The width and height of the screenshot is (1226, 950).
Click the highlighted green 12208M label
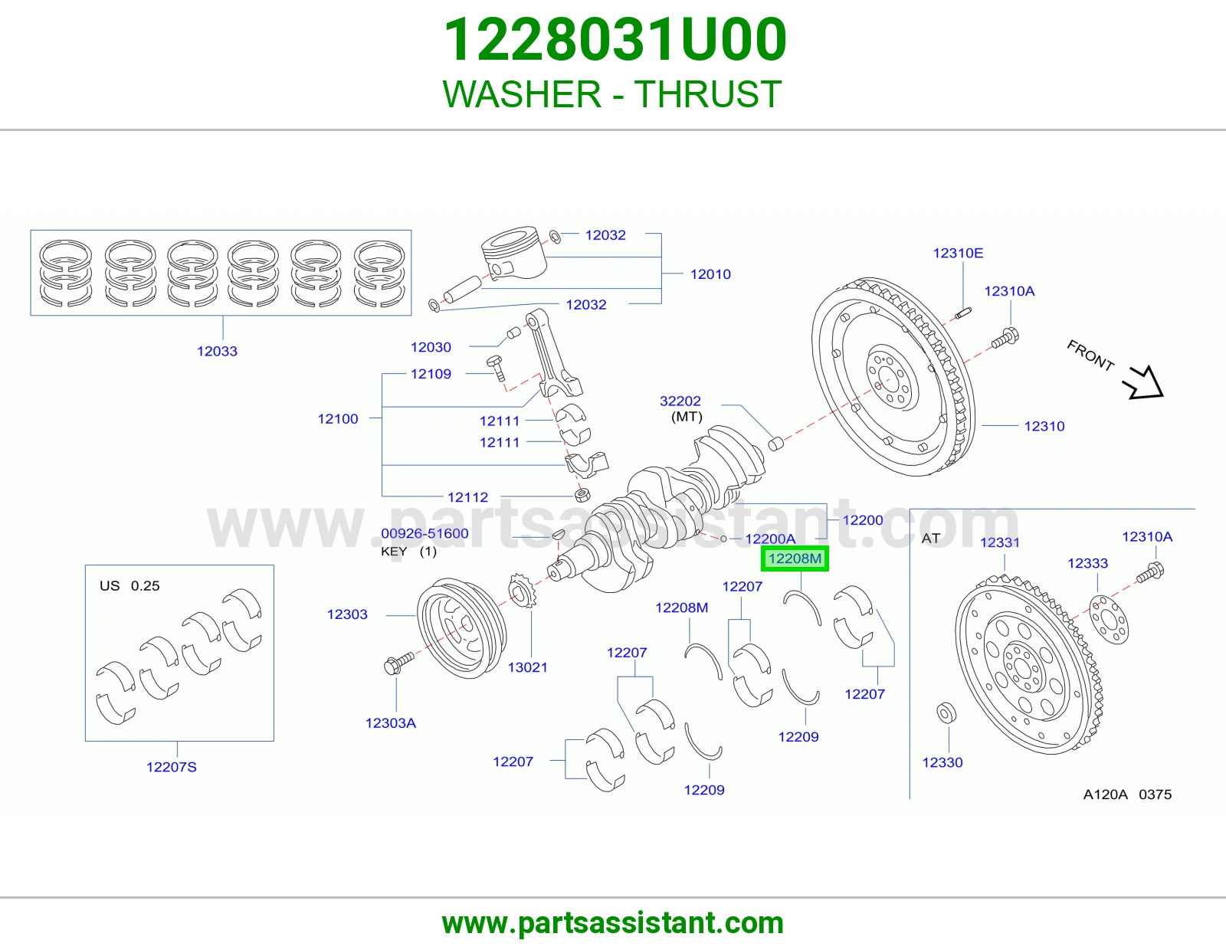click(795, 559)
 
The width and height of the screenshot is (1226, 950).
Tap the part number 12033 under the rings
click(217, 352)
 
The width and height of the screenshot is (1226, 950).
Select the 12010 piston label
click(710, 274)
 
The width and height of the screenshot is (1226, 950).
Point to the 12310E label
click(958, 253)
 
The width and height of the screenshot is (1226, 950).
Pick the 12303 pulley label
click(347, 614)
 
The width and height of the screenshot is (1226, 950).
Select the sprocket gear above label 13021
click(523, 591)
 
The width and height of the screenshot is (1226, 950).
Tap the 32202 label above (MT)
click(680, 401)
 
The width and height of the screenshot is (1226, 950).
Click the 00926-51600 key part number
click(425, 534)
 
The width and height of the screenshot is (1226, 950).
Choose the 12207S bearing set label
click(172, 767)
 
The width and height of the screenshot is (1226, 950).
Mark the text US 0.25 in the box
click(129, 586)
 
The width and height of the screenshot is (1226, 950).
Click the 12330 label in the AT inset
click(942, 763)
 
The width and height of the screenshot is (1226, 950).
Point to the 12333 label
click(1088, 563)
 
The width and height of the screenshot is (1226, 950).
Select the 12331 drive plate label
click(1000, 542)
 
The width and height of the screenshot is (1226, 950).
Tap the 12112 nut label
click(467, 497)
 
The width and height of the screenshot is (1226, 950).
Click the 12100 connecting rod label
click(338, 419)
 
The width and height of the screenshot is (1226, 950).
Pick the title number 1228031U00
click(615, 40)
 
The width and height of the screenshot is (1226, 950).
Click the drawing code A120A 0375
click(1127, 795)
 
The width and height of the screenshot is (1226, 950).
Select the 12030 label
click(431, 348)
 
